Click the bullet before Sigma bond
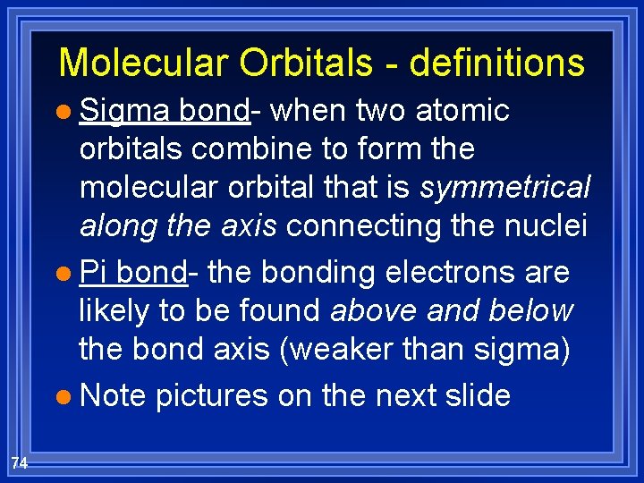coord(68,113)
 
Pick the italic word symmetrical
coord(505,188)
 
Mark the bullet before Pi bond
coord(68,273)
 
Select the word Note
coord(113,394)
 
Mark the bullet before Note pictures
coord(68,395)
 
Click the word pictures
coord(212,394)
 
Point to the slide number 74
coord(21,462)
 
